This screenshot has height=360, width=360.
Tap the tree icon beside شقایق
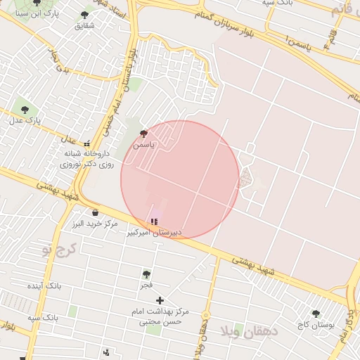84,15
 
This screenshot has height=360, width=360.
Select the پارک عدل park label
25,121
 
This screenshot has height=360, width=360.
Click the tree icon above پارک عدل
25,110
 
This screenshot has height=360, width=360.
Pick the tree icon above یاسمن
143,133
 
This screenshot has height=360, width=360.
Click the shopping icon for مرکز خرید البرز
95,212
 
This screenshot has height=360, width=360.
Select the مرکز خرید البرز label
94,224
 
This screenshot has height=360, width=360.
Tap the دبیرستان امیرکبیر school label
154,232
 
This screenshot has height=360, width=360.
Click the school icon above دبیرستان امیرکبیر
154,221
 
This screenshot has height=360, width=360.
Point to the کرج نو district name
58,250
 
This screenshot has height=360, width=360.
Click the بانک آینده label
44,287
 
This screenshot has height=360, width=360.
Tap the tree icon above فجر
146,274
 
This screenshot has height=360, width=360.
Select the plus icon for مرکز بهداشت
160,300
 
